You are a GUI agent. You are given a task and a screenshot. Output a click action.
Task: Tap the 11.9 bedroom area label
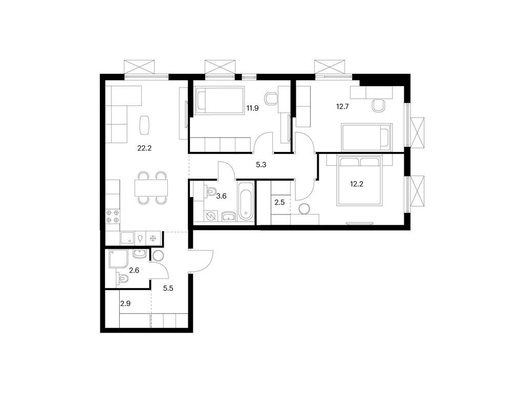[x=252, y=108]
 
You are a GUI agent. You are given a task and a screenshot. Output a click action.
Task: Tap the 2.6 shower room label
[x=134, y=270]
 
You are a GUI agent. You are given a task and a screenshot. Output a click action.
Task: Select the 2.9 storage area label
[x=125, y=304]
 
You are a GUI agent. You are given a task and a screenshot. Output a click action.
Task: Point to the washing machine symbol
[x=211, y=216]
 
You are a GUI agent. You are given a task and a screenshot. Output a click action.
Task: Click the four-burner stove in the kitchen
[x=113, y=216]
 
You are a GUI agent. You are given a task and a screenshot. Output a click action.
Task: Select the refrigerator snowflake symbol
[x=152, y=238]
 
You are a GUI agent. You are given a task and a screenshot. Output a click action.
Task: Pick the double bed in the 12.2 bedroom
[x=359, y=182]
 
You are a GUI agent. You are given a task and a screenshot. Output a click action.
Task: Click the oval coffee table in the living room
[x=145, y=123]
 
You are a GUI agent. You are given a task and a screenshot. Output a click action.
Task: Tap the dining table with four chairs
[x=152, y=188]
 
